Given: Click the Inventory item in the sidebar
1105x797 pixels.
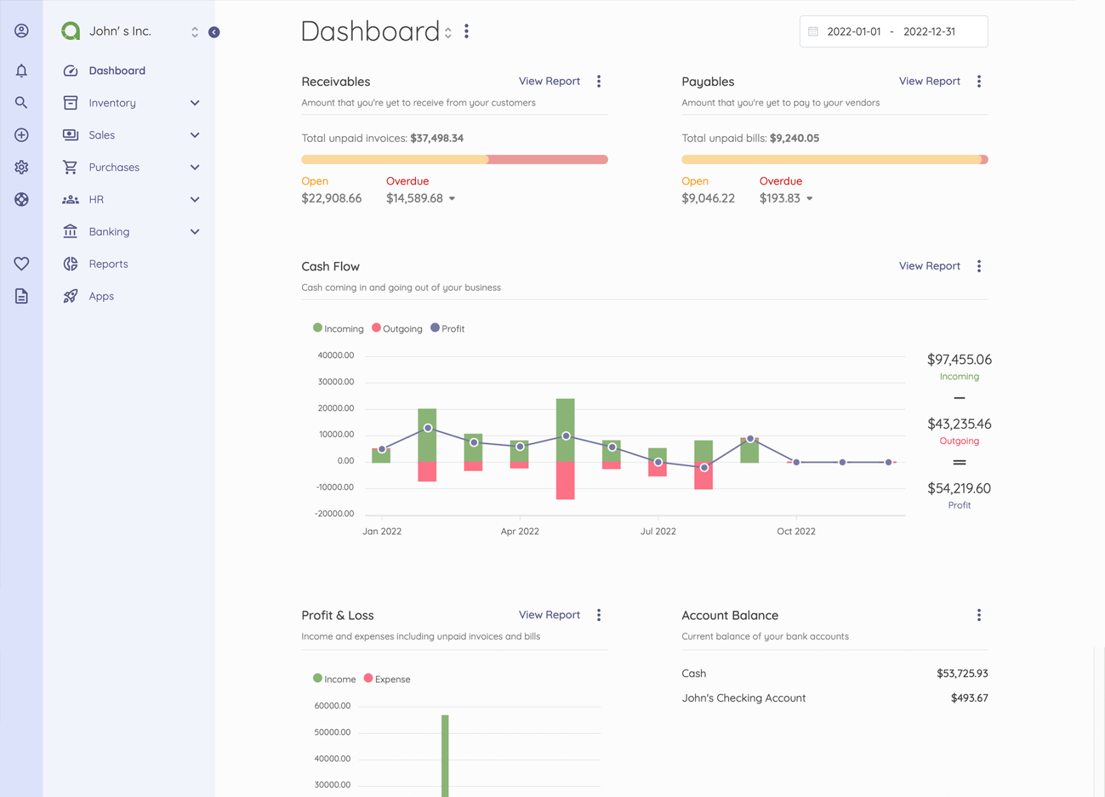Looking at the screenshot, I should click(112, 103).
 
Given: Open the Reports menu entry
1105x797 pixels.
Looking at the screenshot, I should click(108, 264).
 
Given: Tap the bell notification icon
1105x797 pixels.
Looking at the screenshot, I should click(22, 71).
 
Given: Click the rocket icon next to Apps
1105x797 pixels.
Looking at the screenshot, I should click(71, 296).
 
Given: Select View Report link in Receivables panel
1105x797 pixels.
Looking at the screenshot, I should click(549, 81).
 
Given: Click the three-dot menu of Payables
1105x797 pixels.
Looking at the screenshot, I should click(978, 81).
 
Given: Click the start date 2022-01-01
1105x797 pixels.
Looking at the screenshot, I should click(853, 32).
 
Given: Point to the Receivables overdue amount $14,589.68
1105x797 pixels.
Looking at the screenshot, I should click(415, 198).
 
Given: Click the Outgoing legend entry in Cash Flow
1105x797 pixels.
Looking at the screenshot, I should click(397, 329).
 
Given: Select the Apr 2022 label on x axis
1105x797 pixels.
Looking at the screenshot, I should click(519, 531).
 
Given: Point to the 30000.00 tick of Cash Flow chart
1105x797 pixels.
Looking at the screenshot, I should click(336, 382).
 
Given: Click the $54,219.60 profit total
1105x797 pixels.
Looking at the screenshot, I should click(959, 488).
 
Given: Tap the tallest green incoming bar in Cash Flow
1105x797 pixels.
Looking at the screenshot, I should click(565, 429).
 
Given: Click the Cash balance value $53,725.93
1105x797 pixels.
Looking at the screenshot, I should click(962, 674).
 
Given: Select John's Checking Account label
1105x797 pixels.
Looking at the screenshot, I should click(743, 698).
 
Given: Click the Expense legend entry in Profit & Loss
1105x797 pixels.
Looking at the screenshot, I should click(387, 679).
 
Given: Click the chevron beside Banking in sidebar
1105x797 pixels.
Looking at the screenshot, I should click(195, 232).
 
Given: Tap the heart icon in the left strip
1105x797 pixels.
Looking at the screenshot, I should click(22, 263).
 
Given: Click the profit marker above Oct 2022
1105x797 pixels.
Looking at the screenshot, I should click(796, 462).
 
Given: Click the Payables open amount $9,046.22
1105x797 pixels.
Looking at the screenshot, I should click(708, 198).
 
